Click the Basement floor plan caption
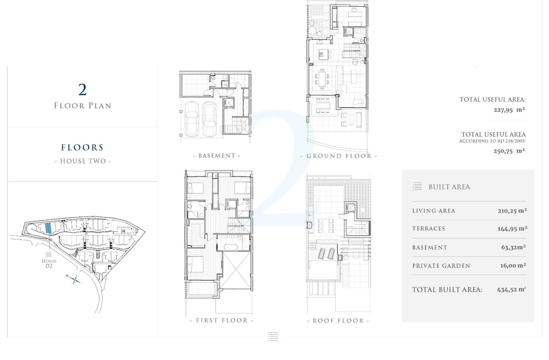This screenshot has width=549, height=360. coord(217,156)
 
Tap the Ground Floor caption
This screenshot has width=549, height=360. coord(339,156)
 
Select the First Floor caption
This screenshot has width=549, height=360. coord(222,320)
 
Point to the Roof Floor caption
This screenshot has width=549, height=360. coord(338,320)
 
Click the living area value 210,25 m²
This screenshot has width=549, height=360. coord(512,211)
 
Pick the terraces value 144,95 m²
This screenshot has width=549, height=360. coord(512,229)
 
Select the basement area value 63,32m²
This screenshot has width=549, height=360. coord(514,247)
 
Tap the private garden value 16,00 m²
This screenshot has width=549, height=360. coord(513,265)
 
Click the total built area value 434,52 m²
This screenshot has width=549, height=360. coord(511,290)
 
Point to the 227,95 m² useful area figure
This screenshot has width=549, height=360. coord(509,110)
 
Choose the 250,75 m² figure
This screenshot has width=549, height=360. coord(509,151)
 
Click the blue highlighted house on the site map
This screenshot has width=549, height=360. coord(48,228)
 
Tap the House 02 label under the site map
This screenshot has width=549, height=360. coord(49,263)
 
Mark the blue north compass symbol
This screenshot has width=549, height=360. coord(74,279)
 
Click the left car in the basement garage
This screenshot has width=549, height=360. coord(191,119)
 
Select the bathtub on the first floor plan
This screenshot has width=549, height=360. coord(230,247)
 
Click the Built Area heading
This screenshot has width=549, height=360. coord(449,187)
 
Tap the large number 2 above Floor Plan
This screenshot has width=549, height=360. coord(83,90)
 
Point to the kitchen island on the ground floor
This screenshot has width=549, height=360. coord(323,55)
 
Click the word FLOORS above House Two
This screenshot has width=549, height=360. coord(82,147)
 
